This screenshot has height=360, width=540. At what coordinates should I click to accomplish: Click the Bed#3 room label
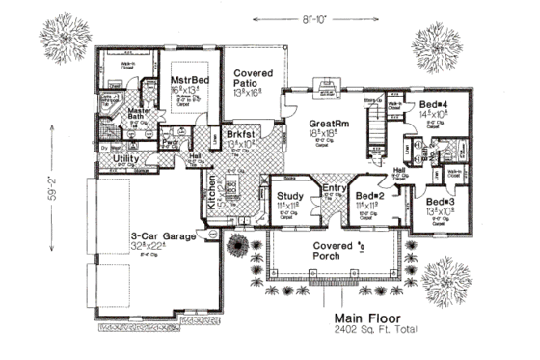click(440, 202)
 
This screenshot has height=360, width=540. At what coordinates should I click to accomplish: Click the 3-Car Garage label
click(164, 235)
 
